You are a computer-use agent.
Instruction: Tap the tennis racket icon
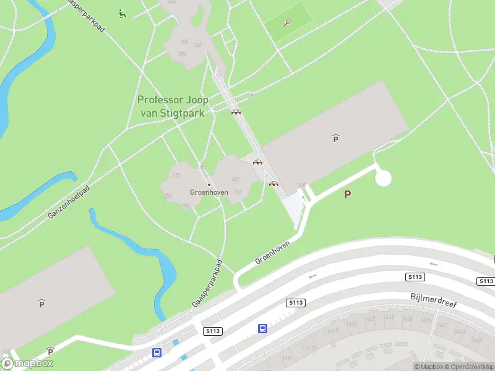[x=288, y=23]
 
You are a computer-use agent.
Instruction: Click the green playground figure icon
[x=123, y=13]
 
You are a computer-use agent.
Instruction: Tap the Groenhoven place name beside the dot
[x=209, y=192]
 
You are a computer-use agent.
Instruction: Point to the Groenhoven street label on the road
[x=273, y=252]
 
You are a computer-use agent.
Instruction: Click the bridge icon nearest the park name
[x=236, y=112]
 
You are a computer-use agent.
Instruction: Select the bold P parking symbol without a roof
[x=348, y=194]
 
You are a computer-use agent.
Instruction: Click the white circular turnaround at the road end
[x=384, y=178]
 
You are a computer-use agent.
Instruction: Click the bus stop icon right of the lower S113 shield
[x=262, y=328]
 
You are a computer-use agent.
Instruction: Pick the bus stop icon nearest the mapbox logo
[x=157, y=352]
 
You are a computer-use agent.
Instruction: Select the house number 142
[x=235, y=179]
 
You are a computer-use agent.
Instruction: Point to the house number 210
[x=176, y=176]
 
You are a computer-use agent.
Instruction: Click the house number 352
[x=198, y=45]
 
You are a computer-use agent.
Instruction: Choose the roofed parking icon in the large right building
[x=335, y=139]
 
